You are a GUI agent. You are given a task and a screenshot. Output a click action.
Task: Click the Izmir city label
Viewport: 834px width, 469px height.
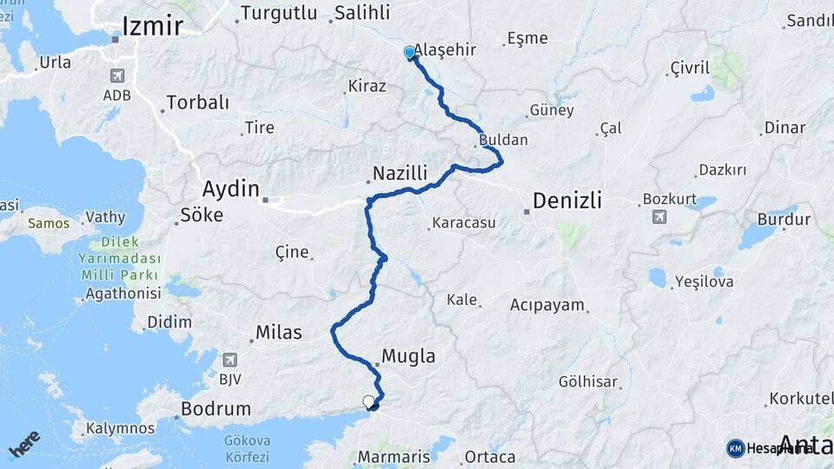coord(153,26)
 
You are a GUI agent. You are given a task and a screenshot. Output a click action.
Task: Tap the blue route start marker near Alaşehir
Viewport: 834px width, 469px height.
coord(409,53)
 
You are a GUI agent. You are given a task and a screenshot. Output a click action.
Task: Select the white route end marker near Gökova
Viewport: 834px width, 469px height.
coord(368,401)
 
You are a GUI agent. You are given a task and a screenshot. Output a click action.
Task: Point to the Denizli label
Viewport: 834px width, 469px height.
coord(566,201)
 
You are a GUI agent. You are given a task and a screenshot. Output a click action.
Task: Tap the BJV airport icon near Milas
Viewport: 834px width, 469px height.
coord(230,360)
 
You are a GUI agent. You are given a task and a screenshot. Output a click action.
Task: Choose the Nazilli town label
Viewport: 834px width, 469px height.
coord(402,175)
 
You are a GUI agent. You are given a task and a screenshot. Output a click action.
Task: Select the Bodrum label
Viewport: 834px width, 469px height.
coord(216,408)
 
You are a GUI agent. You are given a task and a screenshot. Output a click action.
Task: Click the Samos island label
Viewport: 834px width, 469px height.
coord(48,223)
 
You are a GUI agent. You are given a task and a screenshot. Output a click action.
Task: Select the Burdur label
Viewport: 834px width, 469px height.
coord(784,219)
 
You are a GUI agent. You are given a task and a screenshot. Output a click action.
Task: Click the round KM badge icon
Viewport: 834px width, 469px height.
coord(736,448)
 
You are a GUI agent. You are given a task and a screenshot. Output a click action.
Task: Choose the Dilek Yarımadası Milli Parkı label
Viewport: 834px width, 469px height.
coord(120,258)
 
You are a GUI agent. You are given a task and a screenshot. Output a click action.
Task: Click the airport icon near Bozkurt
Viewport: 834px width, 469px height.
coord(659,216)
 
